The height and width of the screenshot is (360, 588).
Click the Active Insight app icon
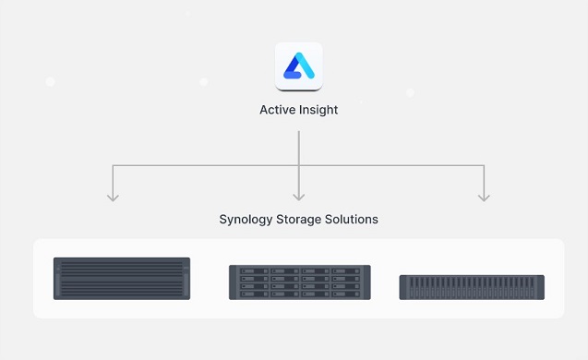(298, 66)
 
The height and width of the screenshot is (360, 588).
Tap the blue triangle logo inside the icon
(298, 66)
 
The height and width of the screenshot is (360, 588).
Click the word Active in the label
(278, 110)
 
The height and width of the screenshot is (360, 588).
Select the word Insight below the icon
(318, 110)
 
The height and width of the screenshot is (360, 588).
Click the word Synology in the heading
(246, 220)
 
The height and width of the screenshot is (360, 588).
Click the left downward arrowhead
(113, 196)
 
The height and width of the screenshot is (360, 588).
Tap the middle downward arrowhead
(298, 196)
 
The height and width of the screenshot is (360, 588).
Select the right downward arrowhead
(484, 196)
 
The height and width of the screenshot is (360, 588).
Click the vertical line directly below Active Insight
(298, 148)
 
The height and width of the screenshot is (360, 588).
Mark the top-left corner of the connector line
(113, 166)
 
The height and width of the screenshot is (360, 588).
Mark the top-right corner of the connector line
(484, 166)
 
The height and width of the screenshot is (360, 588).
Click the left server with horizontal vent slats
(122, 278)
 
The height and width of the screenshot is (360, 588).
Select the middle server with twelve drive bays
(299, 282)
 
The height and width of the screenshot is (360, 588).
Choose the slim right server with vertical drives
(471, 287)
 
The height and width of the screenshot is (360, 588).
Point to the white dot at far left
(50, 82)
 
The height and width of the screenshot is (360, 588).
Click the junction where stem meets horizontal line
(298, 166)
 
